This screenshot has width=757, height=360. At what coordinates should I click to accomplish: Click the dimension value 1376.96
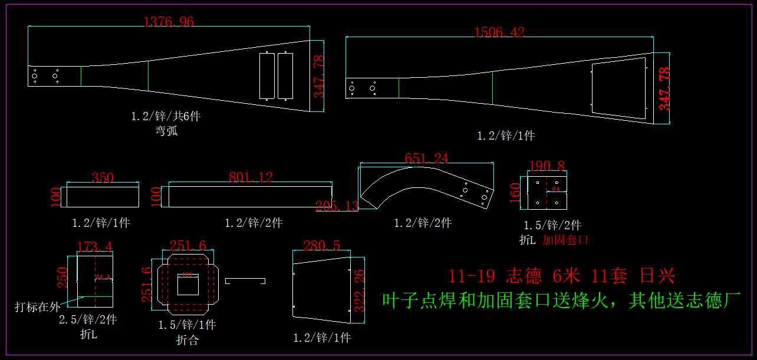[x=169, y=22]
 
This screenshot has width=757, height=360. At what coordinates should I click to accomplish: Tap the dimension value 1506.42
[x=499, y=33]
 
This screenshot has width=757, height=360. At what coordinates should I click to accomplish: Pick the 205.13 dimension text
[x=337, y=206]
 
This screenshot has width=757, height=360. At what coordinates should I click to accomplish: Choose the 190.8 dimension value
[x=547, y=166]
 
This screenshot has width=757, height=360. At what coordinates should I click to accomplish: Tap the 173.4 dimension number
[x=95, y=246]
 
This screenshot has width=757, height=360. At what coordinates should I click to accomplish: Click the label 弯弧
[x=166, y=131]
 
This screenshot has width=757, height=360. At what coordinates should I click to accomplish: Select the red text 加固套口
[x=565, y=240]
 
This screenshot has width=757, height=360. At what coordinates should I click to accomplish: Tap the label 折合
[x=187, y=340]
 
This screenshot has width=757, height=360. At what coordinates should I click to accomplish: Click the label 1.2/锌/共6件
[x=166, y=116]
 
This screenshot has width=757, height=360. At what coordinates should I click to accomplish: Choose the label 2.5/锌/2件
[x=88, y=320]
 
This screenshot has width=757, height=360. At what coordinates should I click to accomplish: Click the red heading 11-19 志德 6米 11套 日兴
[x=561, y=276]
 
